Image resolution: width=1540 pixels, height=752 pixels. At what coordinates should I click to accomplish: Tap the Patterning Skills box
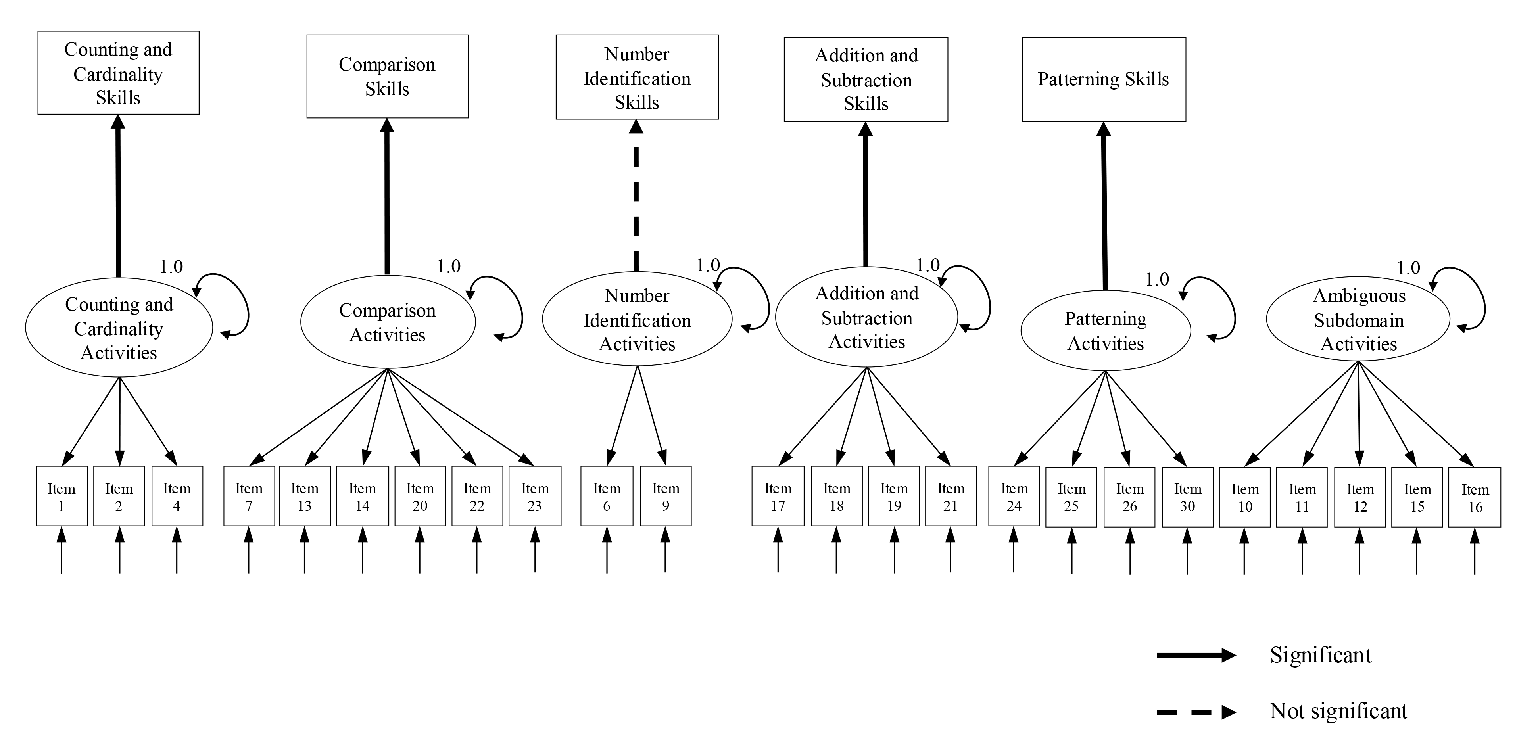[1104, 79]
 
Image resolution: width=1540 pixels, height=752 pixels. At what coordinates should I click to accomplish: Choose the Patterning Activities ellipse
[1105, 330]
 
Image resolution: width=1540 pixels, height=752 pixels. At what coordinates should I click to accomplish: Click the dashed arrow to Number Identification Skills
[636, 196]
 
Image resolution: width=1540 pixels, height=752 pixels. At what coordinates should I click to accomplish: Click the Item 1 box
[61, 496]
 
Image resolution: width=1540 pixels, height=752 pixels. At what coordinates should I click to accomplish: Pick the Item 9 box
[665, 496]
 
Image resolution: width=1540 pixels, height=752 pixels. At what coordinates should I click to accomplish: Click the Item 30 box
[1187, 497]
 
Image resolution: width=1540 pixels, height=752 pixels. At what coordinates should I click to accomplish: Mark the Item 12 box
[1360, 497]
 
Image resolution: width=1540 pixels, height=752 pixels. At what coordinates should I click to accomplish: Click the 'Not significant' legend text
[1338, 711]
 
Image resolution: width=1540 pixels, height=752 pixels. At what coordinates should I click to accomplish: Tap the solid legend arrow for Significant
[1196, 655]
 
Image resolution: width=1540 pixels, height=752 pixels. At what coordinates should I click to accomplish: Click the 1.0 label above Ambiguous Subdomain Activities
[1408, 268]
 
